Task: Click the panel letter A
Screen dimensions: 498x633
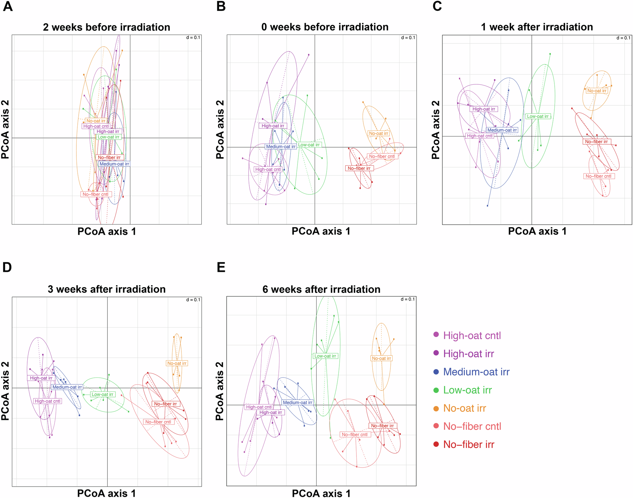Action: (x=8, y=6)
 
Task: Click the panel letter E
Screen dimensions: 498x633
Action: (x=221, y=267)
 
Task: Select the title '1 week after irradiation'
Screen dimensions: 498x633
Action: (x=537, y=27)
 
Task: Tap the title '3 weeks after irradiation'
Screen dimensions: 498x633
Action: (x=107, y=289)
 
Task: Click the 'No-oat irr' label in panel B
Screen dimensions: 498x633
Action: (x=379, y=134)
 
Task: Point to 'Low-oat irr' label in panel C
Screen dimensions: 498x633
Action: (x=538, y=116)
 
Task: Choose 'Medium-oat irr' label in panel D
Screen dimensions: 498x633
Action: (x=67, y=387)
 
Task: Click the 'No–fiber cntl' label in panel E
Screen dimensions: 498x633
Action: (x=355, y=435)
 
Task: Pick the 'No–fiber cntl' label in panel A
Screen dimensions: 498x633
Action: (x=95, y=194)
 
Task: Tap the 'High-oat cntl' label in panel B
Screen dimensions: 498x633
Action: (x=268, y=169)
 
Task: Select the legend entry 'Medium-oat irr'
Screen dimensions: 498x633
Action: (x=476, y=372)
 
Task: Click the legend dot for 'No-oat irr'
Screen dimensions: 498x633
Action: (x=436, y=408)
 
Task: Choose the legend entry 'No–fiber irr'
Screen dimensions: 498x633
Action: (x=468, y=444)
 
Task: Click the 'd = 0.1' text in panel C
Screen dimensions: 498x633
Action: (x=623, y=38)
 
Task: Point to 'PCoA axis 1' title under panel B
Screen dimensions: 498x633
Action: (x=321, y=231)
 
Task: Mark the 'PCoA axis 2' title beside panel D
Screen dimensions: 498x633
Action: (x=5, y=391)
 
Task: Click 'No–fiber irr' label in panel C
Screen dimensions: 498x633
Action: (x=596, y=142)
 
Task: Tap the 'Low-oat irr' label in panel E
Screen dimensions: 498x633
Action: (x=325, y=356)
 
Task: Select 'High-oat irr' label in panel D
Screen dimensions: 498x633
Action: (x=41, y=378)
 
